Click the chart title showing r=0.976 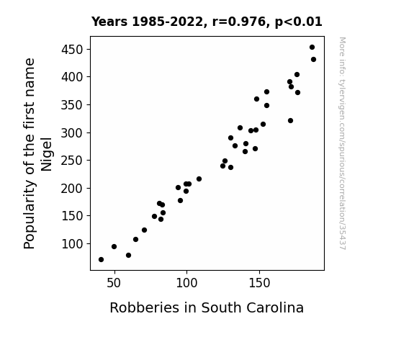coord(207,22)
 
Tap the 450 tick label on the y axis coord(72,50)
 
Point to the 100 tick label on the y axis coord(72,244)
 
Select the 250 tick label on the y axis coord(72,161)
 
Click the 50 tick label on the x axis coord(114,283)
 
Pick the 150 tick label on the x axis coord(259,283)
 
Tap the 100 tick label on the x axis coord(186,283)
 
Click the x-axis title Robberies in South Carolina coord(207,307)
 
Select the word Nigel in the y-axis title coord(47,154)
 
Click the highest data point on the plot coord(312,48)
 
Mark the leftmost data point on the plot coord(101,260)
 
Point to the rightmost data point coord(314,60)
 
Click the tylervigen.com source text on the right coord(342,143)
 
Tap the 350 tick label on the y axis coord(72,105)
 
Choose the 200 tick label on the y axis coord(72,189)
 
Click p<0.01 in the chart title coord(299,22)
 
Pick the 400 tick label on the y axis coord(72,77)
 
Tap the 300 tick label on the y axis coord(72,132)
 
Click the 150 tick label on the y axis coord(72,216)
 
